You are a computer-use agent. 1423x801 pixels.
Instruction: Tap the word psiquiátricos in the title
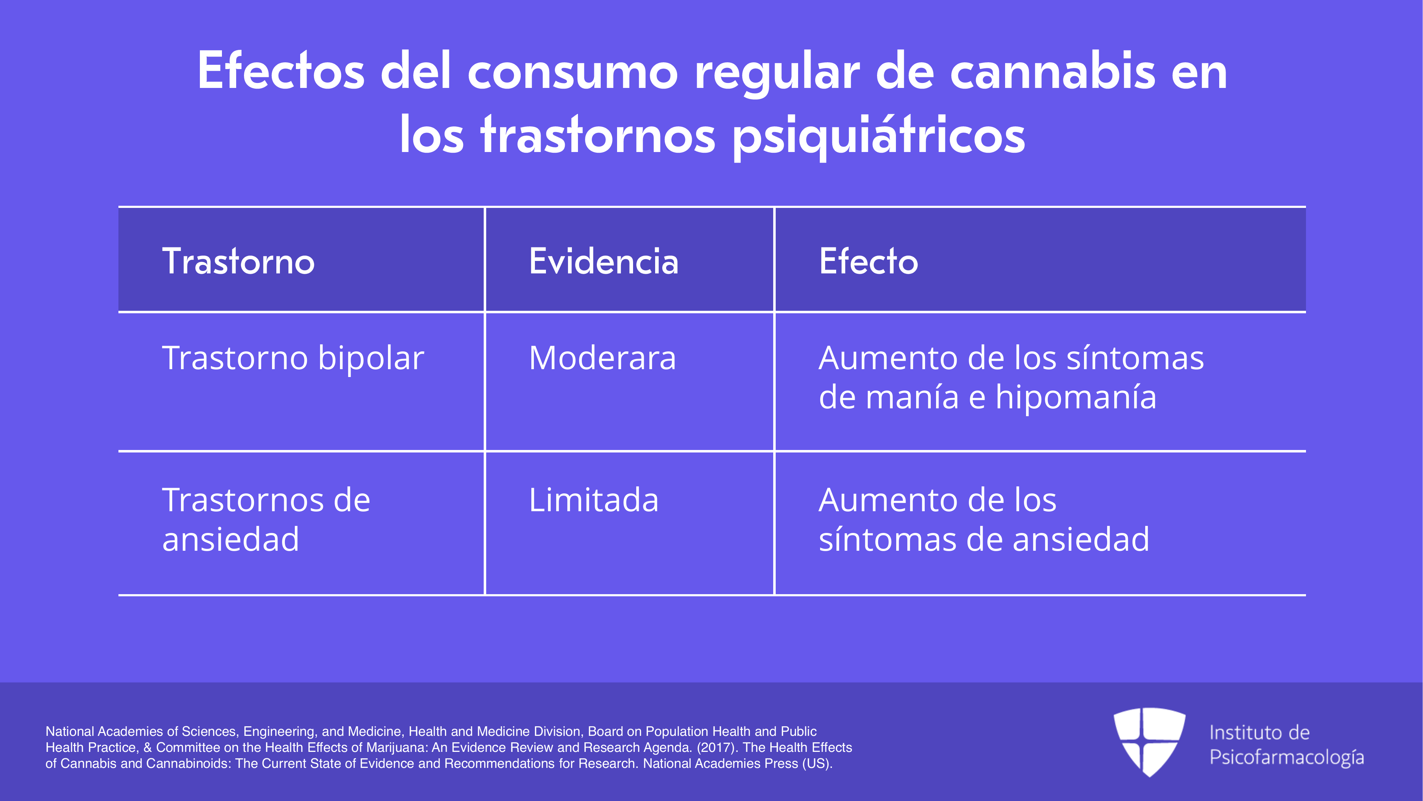(879, 135)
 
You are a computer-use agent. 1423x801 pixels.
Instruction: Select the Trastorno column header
(238, 261)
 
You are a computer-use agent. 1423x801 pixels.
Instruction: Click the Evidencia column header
(603, 261)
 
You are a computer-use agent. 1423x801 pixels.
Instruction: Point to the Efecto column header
(869, 261)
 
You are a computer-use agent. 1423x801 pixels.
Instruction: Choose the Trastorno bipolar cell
(293, 358)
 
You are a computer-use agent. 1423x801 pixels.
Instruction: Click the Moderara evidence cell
(602, 358)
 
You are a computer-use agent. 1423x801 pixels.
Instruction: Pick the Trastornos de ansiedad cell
(266, 520)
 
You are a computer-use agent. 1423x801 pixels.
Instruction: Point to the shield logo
(1149, 741)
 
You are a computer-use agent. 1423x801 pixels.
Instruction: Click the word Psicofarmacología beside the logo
(1286, 757)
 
